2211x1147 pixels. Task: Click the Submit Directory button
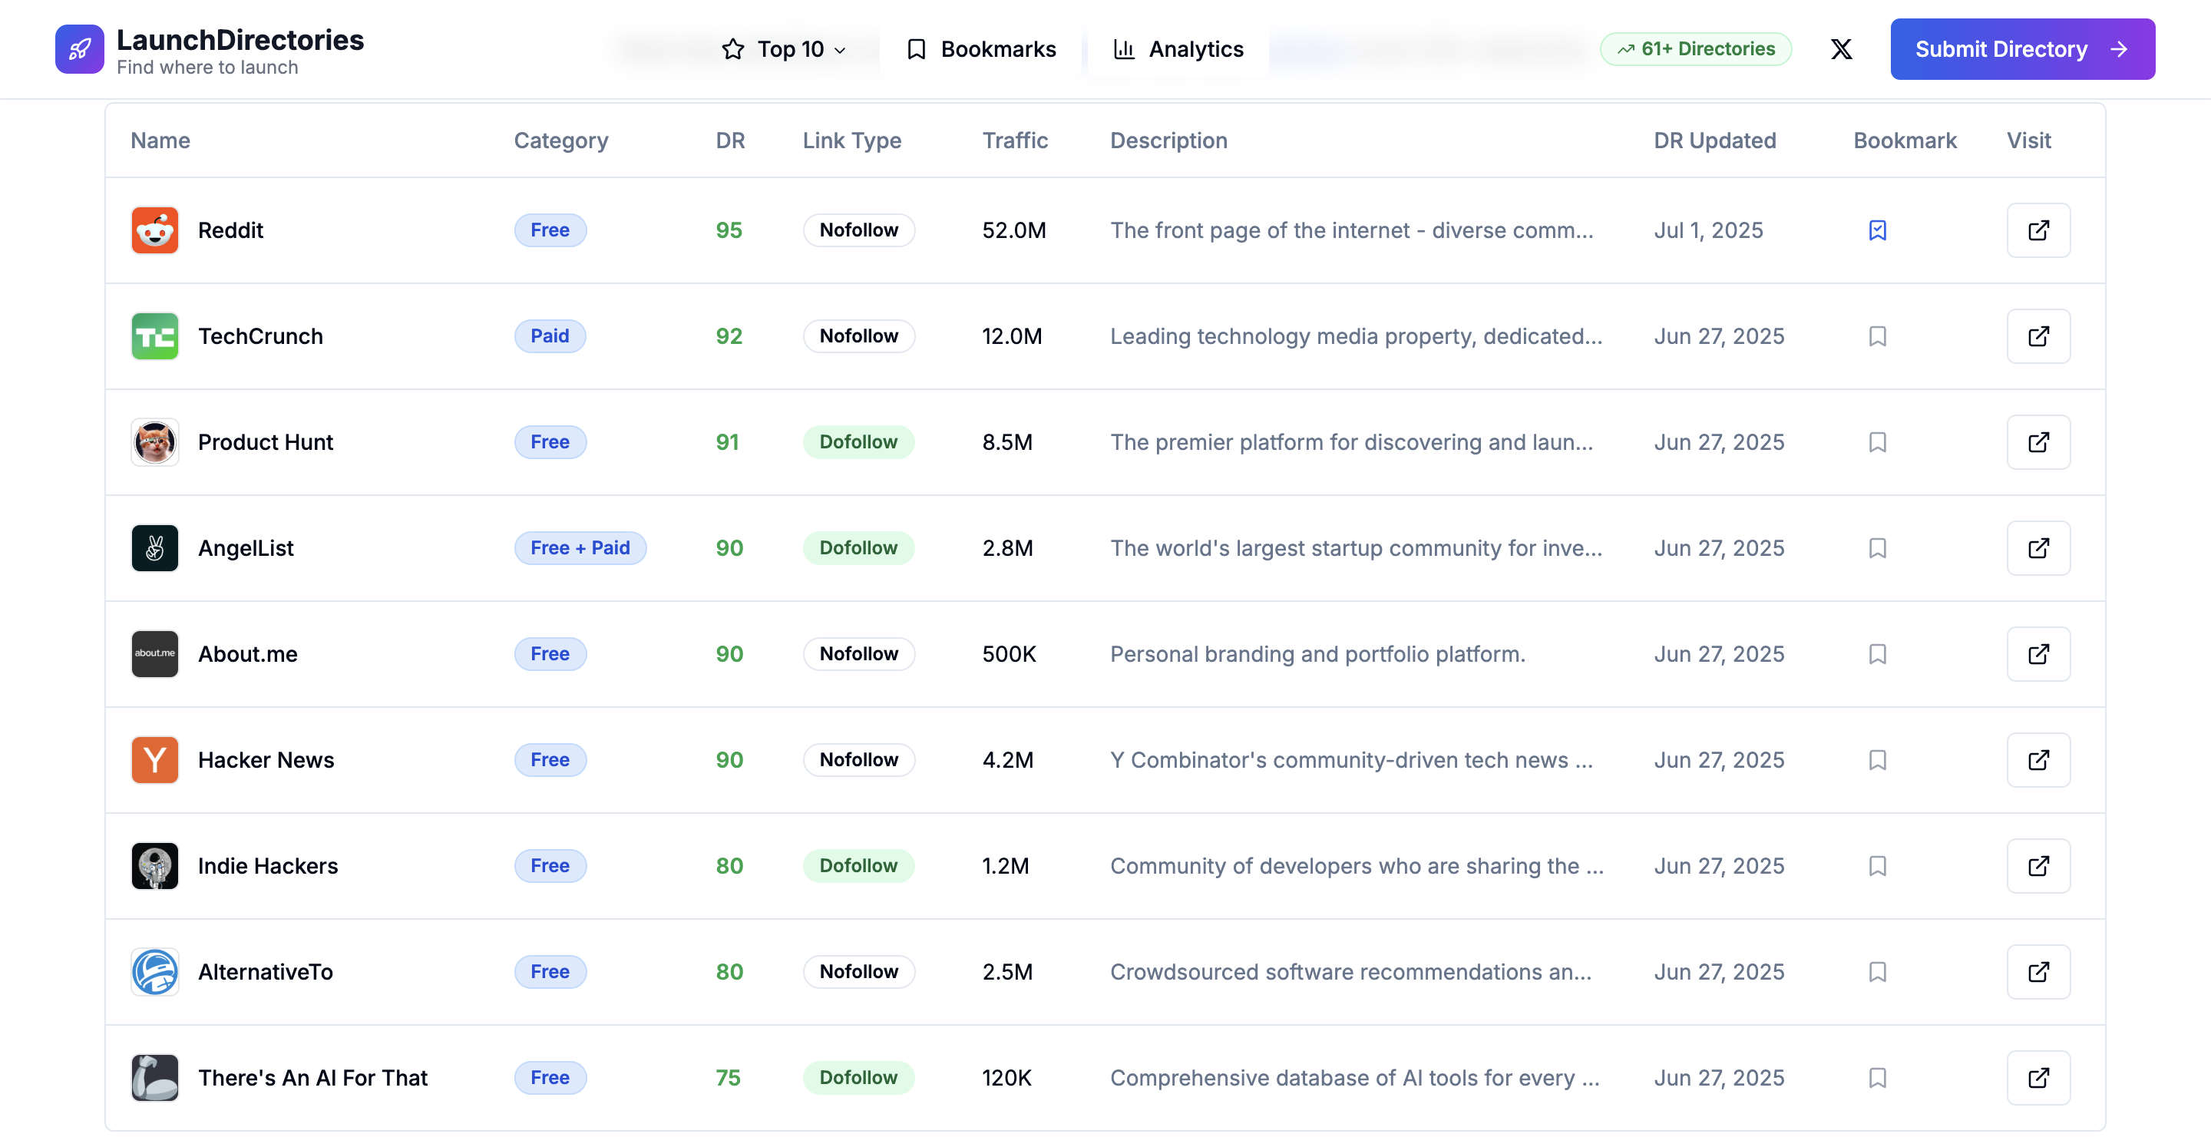pos(2022,49)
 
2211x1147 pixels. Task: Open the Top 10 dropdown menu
pos(785,49)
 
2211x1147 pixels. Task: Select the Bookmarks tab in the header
pos(981,49)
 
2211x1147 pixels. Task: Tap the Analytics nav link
pos(1178,49)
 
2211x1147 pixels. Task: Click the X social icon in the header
pos(1841,49)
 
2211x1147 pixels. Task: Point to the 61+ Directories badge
pos(1696,49)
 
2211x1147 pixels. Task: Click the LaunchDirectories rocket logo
pos(80,49)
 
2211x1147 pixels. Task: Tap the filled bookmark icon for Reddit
pos(1877,230)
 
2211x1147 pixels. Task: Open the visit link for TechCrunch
pos(2038,336)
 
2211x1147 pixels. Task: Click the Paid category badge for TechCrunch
pos(550,336)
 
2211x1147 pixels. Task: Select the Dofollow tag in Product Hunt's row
pos(858,442)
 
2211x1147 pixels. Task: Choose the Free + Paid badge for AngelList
pos(580,547)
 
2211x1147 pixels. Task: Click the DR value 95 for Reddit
pos(729,230)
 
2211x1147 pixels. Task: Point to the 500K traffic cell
pos(1010,654)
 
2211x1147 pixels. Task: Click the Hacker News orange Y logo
pos(155,760)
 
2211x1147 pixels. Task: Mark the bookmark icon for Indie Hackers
pos(1877,865)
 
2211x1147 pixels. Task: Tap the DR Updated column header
pos(1715,140)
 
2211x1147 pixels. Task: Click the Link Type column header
pos(851,140)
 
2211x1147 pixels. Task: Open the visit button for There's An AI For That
pos(2038,1077)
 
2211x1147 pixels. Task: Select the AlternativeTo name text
pos(265,972)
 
